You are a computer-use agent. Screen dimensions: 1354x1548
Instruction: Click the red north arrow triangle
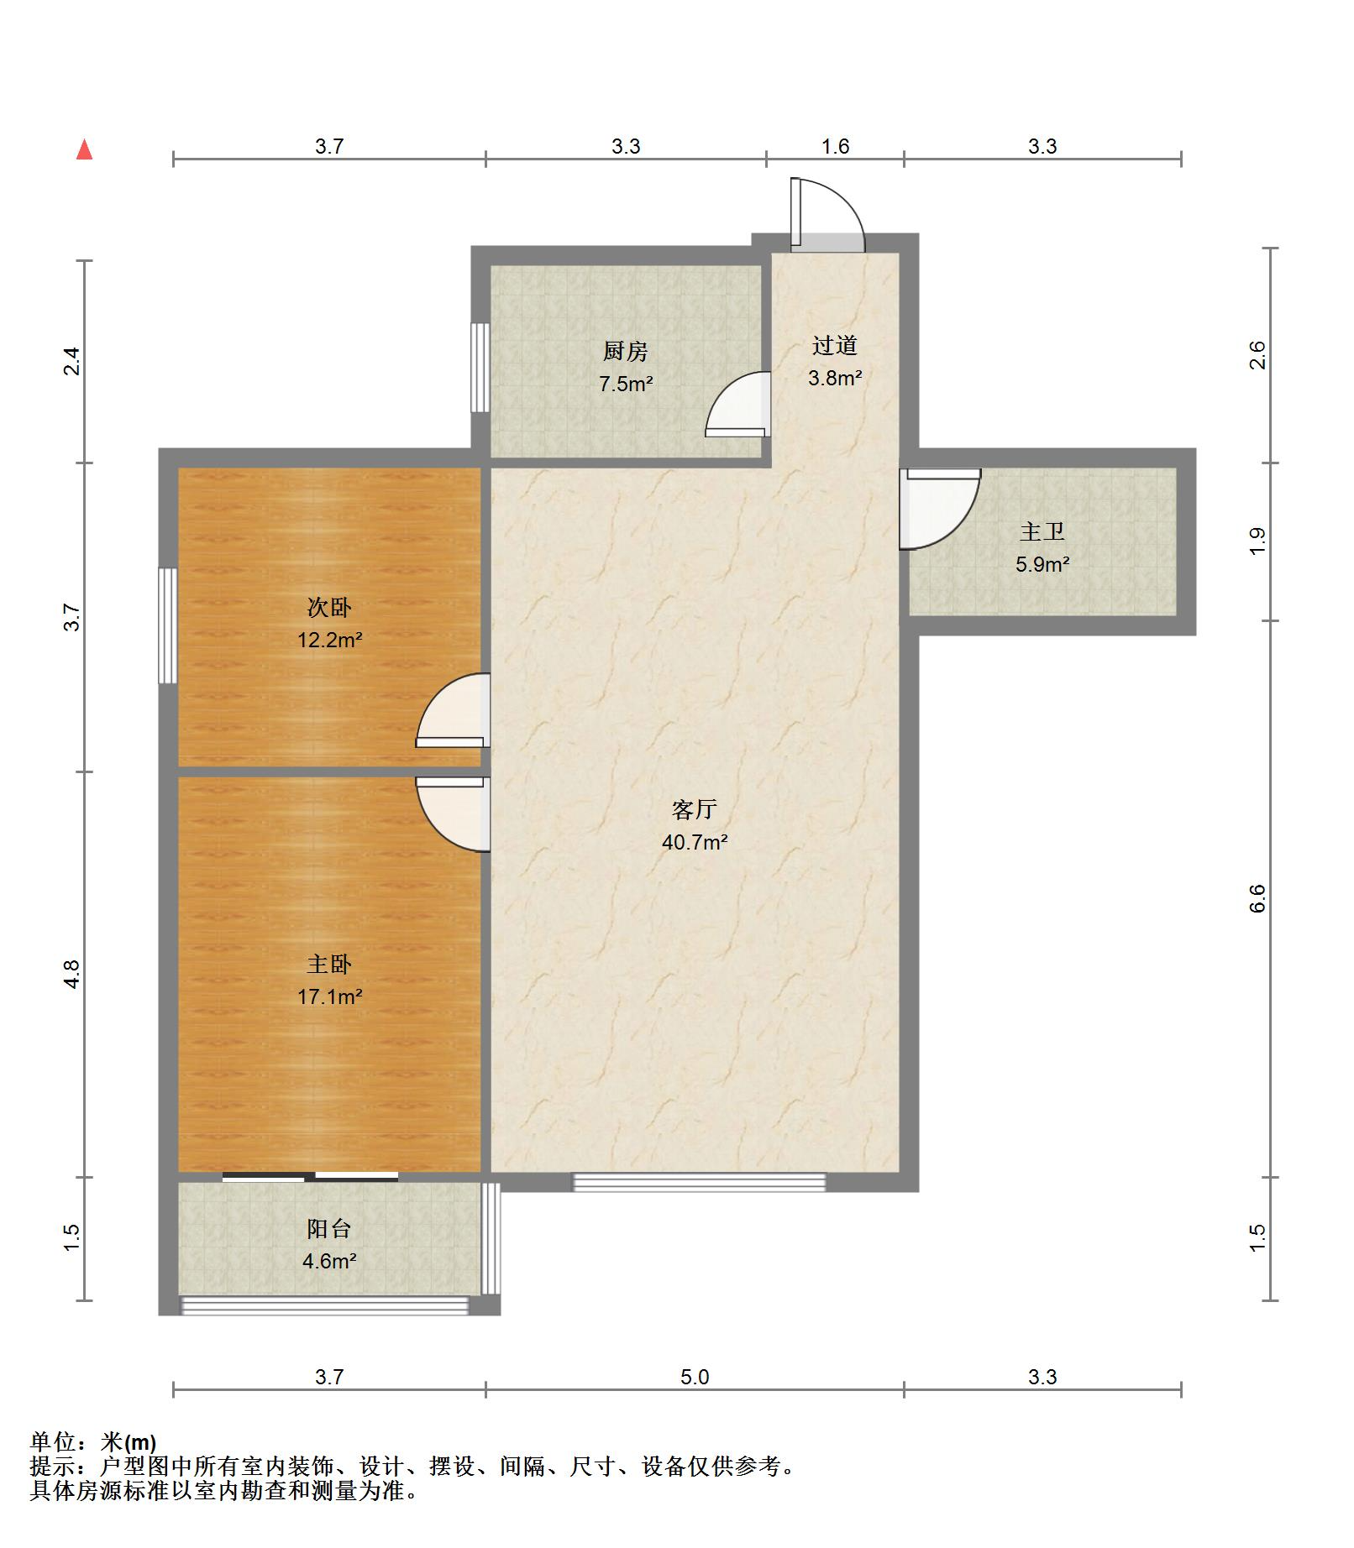[84, 149]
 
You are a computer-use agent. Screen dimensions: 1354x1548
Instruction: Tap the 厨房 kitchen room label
[626, 351]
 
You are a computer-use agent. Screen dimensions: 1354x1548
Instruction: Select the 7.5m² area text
[626, 384]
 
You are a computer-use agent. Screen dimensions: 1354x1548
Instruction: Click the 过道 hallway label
[835, 345]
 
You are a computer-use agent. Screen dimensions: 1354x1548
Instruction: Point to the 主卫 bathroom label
[1042, 531]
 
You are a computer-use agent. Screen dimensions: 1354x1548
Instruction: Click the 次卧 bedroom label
[329, 607]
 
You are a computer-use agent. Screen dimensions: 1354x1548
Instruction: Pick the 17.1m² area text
[329, 996]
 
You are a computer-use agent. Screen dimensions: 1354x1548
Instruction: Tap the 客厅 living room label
[695, 809]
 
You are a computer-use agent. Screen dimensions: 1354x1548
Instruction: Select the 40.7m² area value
[695, 842]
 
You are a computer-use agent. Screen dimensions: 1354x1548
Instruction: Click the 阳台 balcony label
[329, 1229]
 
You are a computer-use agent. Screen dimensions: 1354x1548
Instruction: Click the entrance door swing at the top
[827, 214]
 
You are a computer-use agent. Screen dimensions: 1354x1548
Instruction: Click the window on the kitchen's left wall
[480, 367]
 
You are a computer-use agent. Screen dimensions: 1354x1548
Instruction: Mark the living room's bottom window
[699, 1182]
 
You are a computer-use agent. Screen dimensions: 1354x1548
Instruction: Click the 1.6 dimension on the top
[835, 146]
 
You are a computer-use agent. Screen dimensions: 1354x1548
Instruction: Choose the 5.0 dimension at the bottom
[695, 1377]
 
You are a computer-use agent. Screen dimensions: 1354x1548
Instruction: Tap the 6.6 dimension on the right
[1257, 898]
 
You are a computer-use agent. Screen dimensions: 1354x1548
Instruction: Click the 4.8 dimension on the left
[71, 974]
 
